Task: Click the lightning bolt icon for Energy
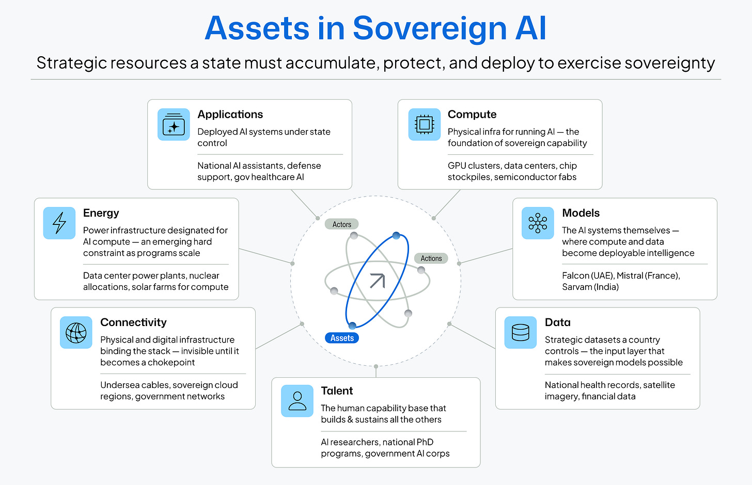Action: pyautogui.click(x=59, y=223)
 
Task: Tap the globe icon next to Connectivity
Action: pyautogui.click(x=76, y=332)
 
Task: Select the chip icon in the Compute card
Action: pyautogui.click(x=424, y=124)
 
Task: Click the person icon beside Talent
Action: pyautogui.click(x=297, y=401)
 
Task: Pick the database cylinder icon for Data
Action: pyautogui.click(x=520, y=332)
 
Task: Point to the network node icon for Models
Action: pyautogui.click(x=537, y=223)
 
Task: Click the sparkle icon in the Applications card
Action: pyautogui.click(x=174, y=125)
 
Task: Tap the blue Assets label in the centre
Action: pyautogui.click(x=342, y=338)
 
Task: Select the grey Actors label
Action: pyautogui.click(x=341, y=224)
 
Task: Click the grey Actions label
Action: pyautogui.click(x=431, y=258)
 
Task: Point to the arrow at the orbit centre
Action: pyautogui.click(x=377, y=281)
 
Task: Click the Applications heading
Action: pyautogui.click(x=230, y=115)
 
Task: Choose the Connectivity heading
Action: pyautogui.click(x=133, y=322)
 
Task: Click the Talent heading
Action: pyautogui.click(x=337, y=391)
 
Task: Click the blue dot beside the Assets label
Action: pyautogui.click(x=352, y=326)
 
